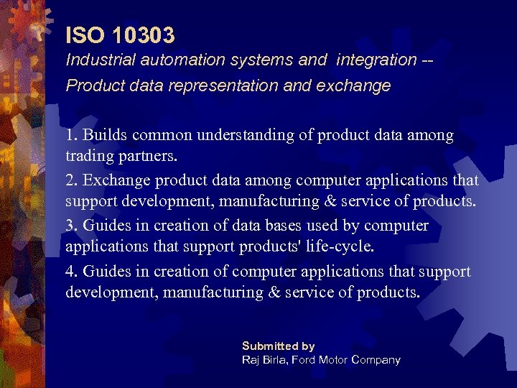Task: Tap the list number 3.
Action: point(71,226)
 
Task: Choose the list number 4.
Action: point(71,271)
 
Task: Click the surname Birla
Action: point(276,359)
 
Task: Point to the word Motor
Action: point(338,359)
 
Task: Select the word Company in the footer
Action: point(378,359)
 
